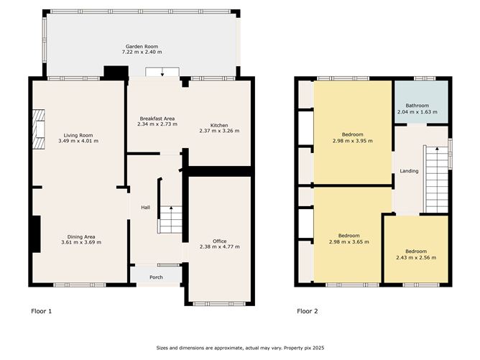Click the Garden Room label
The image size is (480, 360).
pos(142,47)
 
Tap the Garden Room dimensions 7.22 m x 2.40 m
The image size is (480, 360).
pos(142,52)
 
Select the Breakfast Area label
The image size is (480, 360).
pos(156,119)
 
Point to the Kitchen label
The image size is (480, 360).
pos(218,125)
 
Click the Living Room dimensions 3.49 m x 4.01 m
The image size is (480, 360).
pos(78,141)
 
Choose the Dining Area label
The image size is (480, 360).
pos(80,236)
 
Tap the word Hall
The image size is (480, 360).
pos(145,208)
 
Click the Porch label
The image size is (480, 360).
pos(155,277)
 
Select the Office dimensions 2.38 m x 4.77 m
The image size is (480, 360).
pos(219,247)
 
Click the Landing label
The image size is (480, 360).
pos(409,170)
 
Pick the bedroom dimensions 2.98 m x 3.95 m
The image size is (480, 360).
pos(352,141)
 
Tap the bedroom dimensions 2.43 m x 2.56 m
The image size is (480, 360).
pos(415,257)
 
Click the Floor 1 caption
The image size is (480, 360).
pos(42,311)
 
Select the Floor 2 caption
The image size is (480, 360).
pos(308,311)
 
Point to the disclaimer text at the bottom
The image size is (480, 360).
pos(240,348)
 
